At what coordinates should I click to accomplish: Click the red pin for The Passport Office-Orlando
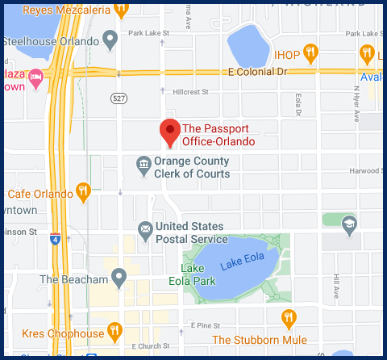click(x=169, y=131)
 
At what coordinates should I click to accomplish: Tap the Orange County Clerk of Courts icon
click(x=143, y=166)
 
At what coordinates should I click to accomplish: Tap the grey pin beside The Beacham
click(x=119, y=279)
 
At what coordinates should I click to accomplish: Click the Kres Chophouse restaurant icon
click(x=115, y=332)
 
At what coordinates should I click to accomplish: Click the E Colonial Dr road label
click(x=257, y=73)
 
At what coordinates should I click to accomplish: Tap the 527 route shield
click(x=119, y=97)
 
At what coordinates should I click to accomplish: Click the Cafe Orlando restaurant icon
click(x=83, y=192)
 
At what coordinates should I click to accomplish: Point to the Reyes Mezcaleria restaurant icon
click(x=121, y=10)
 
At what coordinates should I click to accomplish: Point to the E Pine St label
click(x=205, y=324)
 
